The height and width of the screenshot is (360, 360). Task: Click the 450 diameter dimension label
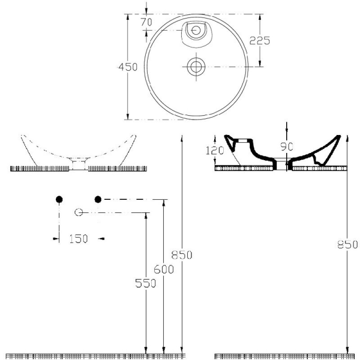click(128, 67)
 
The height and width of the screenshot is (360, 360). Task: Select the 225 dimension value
click(260, 40)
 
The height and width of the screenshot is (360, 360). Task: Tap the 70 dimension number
click(147, 22)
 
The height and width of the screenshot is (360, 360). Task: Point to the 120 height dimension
click(215, 150)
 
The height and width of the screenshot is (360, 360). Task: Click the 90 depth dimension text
click(287, 147)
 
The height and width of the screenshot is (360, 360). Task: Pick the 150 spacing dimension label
click(78, 239)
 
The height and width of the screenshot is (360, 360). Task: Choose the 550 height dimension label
click(145, 283)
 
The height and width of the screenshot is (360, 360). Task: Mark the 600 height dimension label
click(164, 269)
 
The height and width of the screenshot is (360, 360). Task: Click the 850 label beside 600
click(182, 255)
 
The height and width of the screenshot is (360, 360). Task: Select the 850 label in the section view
click(347, 244)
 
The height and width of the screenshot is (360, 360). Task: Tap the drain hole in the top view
click(196, 67)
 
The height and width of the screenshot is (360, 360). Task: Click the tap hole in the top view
click(196, 30)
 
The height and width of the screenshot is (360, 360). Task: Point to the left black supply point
click(59, 199)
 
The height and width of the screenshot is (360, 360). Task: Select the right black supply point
click(98, 199)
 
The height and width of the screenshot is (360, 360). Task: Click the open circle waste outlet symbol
click(79, 212)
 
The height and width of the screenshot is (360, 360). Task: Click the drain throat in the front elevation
click(79, 163)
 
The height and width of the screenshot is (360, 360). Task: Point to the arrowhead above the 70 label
click(147, 10)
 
